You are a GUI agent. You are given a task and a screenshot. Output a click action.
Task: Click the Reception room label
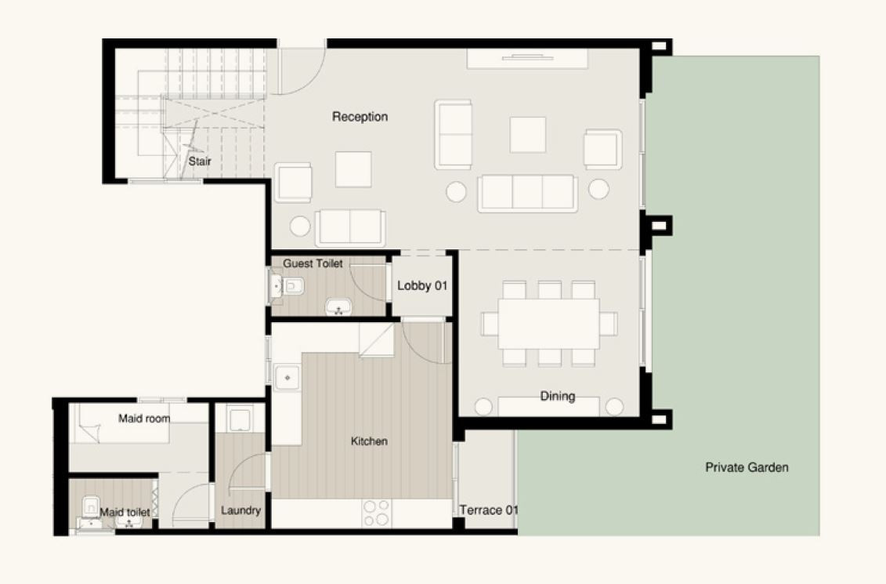pyautogui.click(x=360, y=117)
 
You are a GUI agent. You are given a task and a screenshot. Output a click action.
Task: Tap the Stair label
pyautogui.click(x=200, y=161)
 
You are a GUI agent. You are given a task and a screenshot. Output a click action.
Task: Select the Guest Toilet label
pyautogui.click(x=313, y=263)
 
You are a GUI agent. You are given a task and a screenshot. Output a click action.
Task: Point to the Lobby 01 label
pyautogui.click(x=422, y=285)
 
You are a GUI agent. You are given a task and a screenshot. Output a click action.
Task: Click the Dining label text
pyautogui.click(x=557, y=397)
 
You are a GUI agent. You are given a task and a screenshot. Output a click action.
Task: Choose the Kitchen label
pyautogui.click(x=369, y=441)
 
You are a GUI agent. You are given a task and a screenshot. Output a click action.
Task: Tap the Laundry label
pyautogui.click(x=240, y=510)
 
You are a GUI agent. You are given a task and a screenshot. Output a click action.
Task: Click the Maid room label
pyautogui.click(x=144, y=419)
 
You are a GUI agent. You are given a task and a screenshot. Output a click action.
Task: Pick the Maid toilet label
pyautogui.click(x=125, y=512)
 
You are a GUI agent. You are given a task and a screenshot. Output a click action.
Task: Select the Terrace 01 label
pyautogui.click(x=489, y=510)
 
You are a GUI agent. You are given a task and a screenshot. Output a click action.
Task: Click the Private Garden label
pyautogui.click(x=747, y=467)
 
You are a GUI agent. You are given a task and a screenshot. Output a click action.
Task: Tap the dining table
pyautogui.click(x=548, y=324)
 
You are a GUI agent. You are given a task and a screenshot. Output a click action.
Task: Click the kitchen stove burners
pyautogui.click(x=376, y=513)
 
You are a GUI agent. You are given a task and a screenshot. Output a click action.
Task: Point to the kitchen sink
pyautogui.click(x=287, y=378)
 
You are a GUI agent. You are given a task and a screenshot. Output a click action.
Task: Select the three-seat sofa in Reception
pyautogui.click(x=527, y=194)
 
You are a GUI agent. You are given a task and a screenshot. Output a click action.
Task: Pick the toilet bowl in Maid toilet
pyautogui.click(x=90, y=506)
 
